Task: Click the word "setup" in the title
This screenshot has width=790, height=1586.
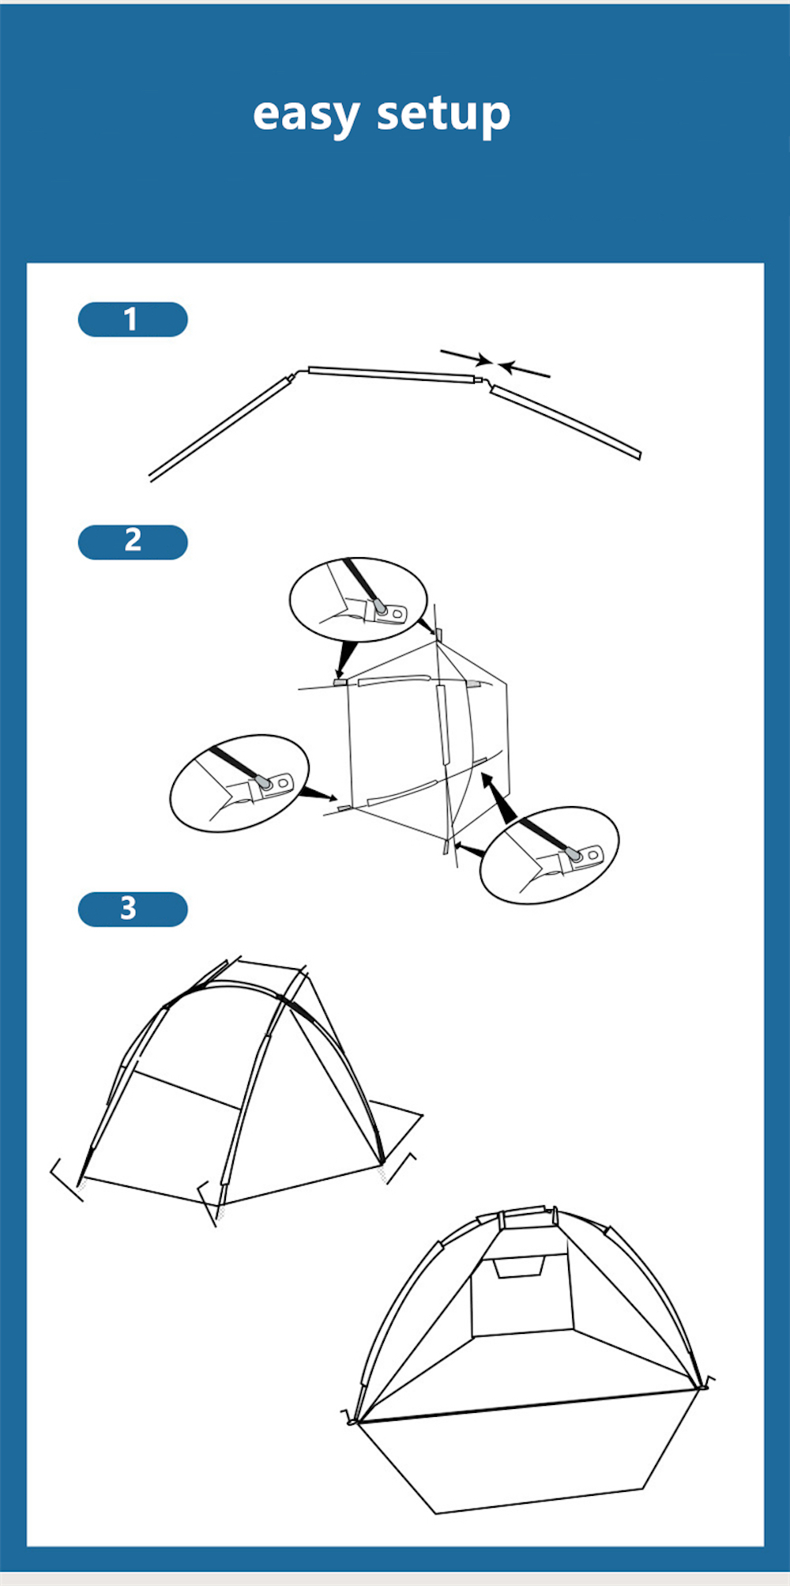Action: pyautogui.click(x=444, y=115)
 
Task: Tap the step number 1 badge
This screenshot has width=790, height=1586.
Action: pyautogui.click(x=133, y=319)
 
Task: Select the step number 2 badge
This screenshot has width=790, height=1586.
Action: pyautogui.click(x=133, y=542)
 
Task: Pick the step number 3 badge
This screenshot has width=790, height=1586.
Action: pyautogui.click(x=133, y=909)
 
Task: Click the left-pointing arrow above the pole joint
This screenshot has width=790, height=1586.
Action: pyautogui.click(x=525, y=370)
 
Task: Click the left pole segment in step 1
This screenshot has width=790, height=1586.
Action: pyautogui.click(x=220, y=428)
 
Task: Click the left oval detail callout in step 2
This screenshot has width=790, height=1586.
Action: pyautogui.click(x=239, y=783)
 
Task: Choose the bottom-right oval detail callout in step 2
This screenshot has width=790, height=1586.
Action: pyautogui.click(x=550, y=855)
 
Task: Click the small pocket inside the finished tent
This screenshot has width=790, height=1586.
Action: pyautogui.click(x=518, y=1267)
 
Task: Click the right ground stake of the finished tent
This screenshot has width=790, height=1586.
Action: pyautogui.click(x=707, y=1382)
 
